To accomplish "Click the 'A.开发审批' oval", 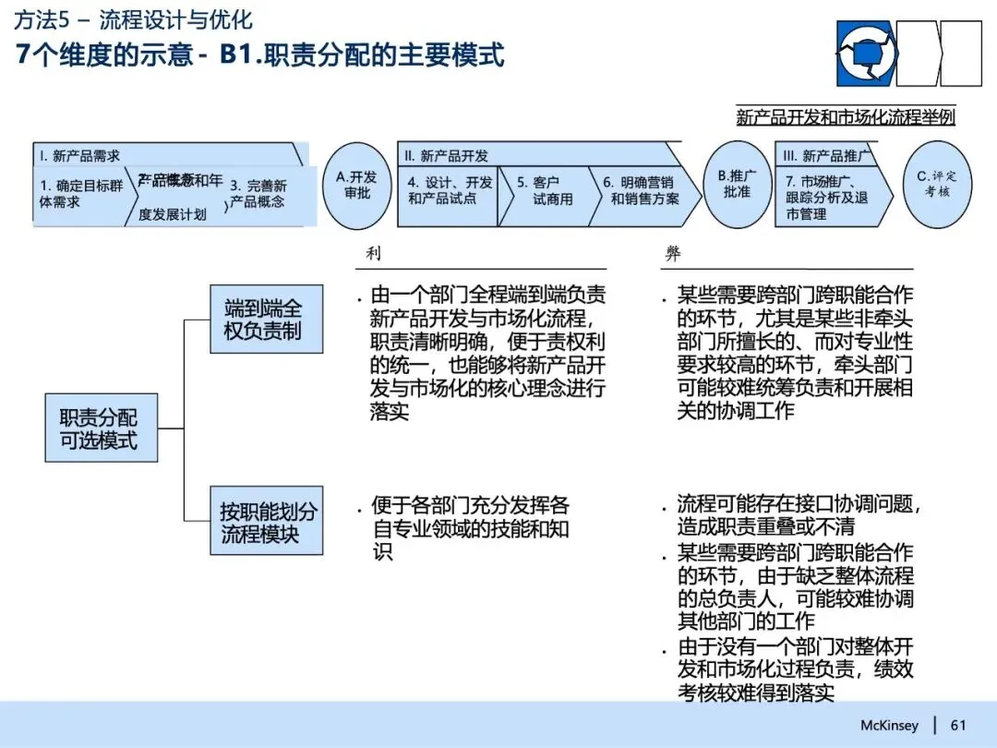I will coord(357,186).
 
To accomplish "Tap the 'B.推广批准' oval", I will coord(737,185).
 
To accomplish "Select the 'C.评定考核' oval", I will coord(937,185).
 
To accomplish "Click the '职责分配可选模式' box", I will coord(101,427).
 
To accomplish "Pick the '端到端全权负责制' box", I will coord(265,320).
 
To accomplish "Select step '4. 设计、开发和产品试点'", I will coord(448,192).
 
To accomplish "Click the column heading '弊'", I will coord(672,253).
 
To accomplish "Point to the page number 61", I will coord(958,725).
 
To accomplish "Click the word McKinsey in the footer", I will coord(889,725).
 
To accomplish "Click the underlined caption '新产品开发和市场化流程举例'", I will coord(845,117).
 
